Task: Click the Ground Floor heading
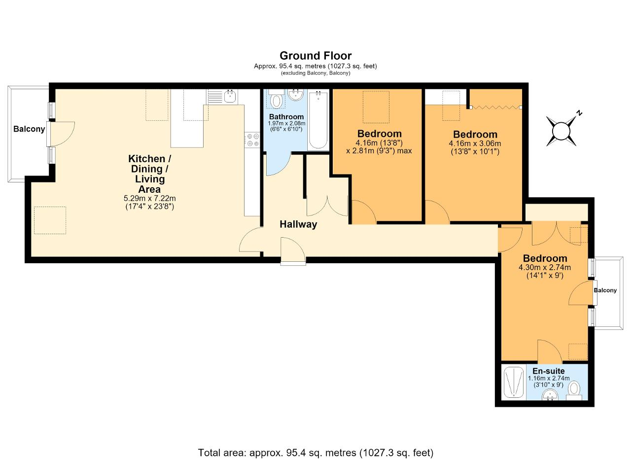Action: (x=315, y=56)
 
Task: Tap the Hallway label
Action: (x=298, y=224)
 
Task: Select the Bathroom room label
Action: (x=286, y=117)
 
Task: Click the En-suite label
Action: (x=549, y=371)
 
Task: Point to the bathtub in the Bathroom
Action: (x=318, y=120)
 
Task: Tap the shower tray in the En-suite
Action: (x=514, y=382)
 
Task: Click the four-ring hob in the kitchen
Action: (x=252, y=140)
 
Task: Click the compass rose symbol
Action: (x=561, y=131)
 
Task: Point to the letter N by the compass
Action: (x=579, y=113)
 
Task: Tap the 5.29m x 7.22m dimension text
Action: (x=149, y=198)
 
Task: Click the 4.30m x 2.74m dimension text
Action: (x=545, y=267)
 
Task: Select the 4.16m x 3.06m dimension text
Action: (x=475, y=143)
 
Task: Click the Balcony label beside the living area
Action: (x=29, y=129)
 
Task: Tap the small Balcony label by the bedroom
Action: (x=605, y=290)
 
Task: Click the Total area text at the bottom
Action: (x=315, y=445)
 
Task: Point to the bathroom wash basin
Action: (x=295, y=95)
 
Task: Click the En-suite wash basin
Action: (x=550, y=394)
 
